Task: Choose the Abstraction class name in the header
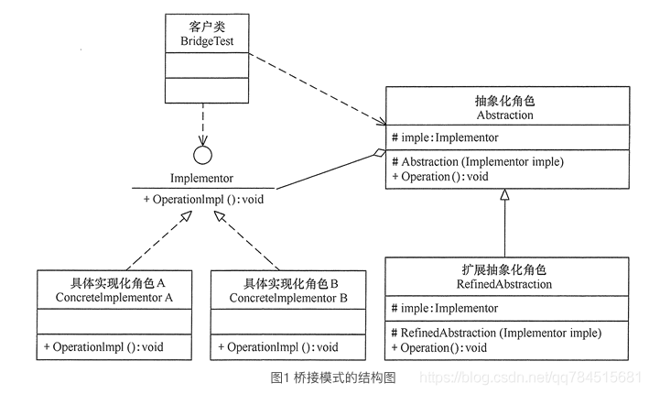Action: click(504, 115)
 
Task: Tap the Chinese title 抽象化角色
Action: click(504, 101)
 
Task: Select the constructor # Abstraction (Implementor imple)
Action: click(477, 161)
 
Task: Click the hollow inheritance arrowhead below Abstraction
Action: click(504, 195)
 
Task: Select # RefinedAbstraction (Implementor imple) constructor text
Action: click(495, 333)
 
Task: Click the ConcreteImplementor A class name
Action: click(114, 298)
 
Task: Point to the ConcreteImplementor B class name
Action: click(288, 298)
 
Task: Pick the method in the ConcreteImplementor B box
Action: click(278, 347)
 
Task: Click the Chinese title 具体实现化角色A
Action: click(114, 283)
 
